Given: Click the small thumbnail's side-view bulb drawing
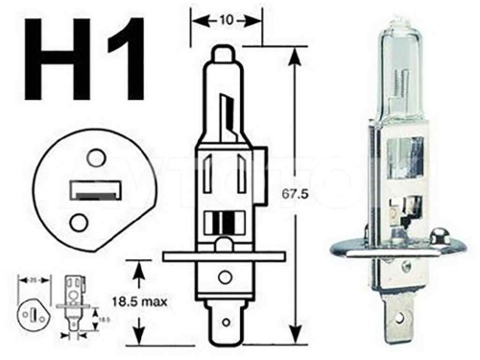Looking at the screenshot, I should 70,305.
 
